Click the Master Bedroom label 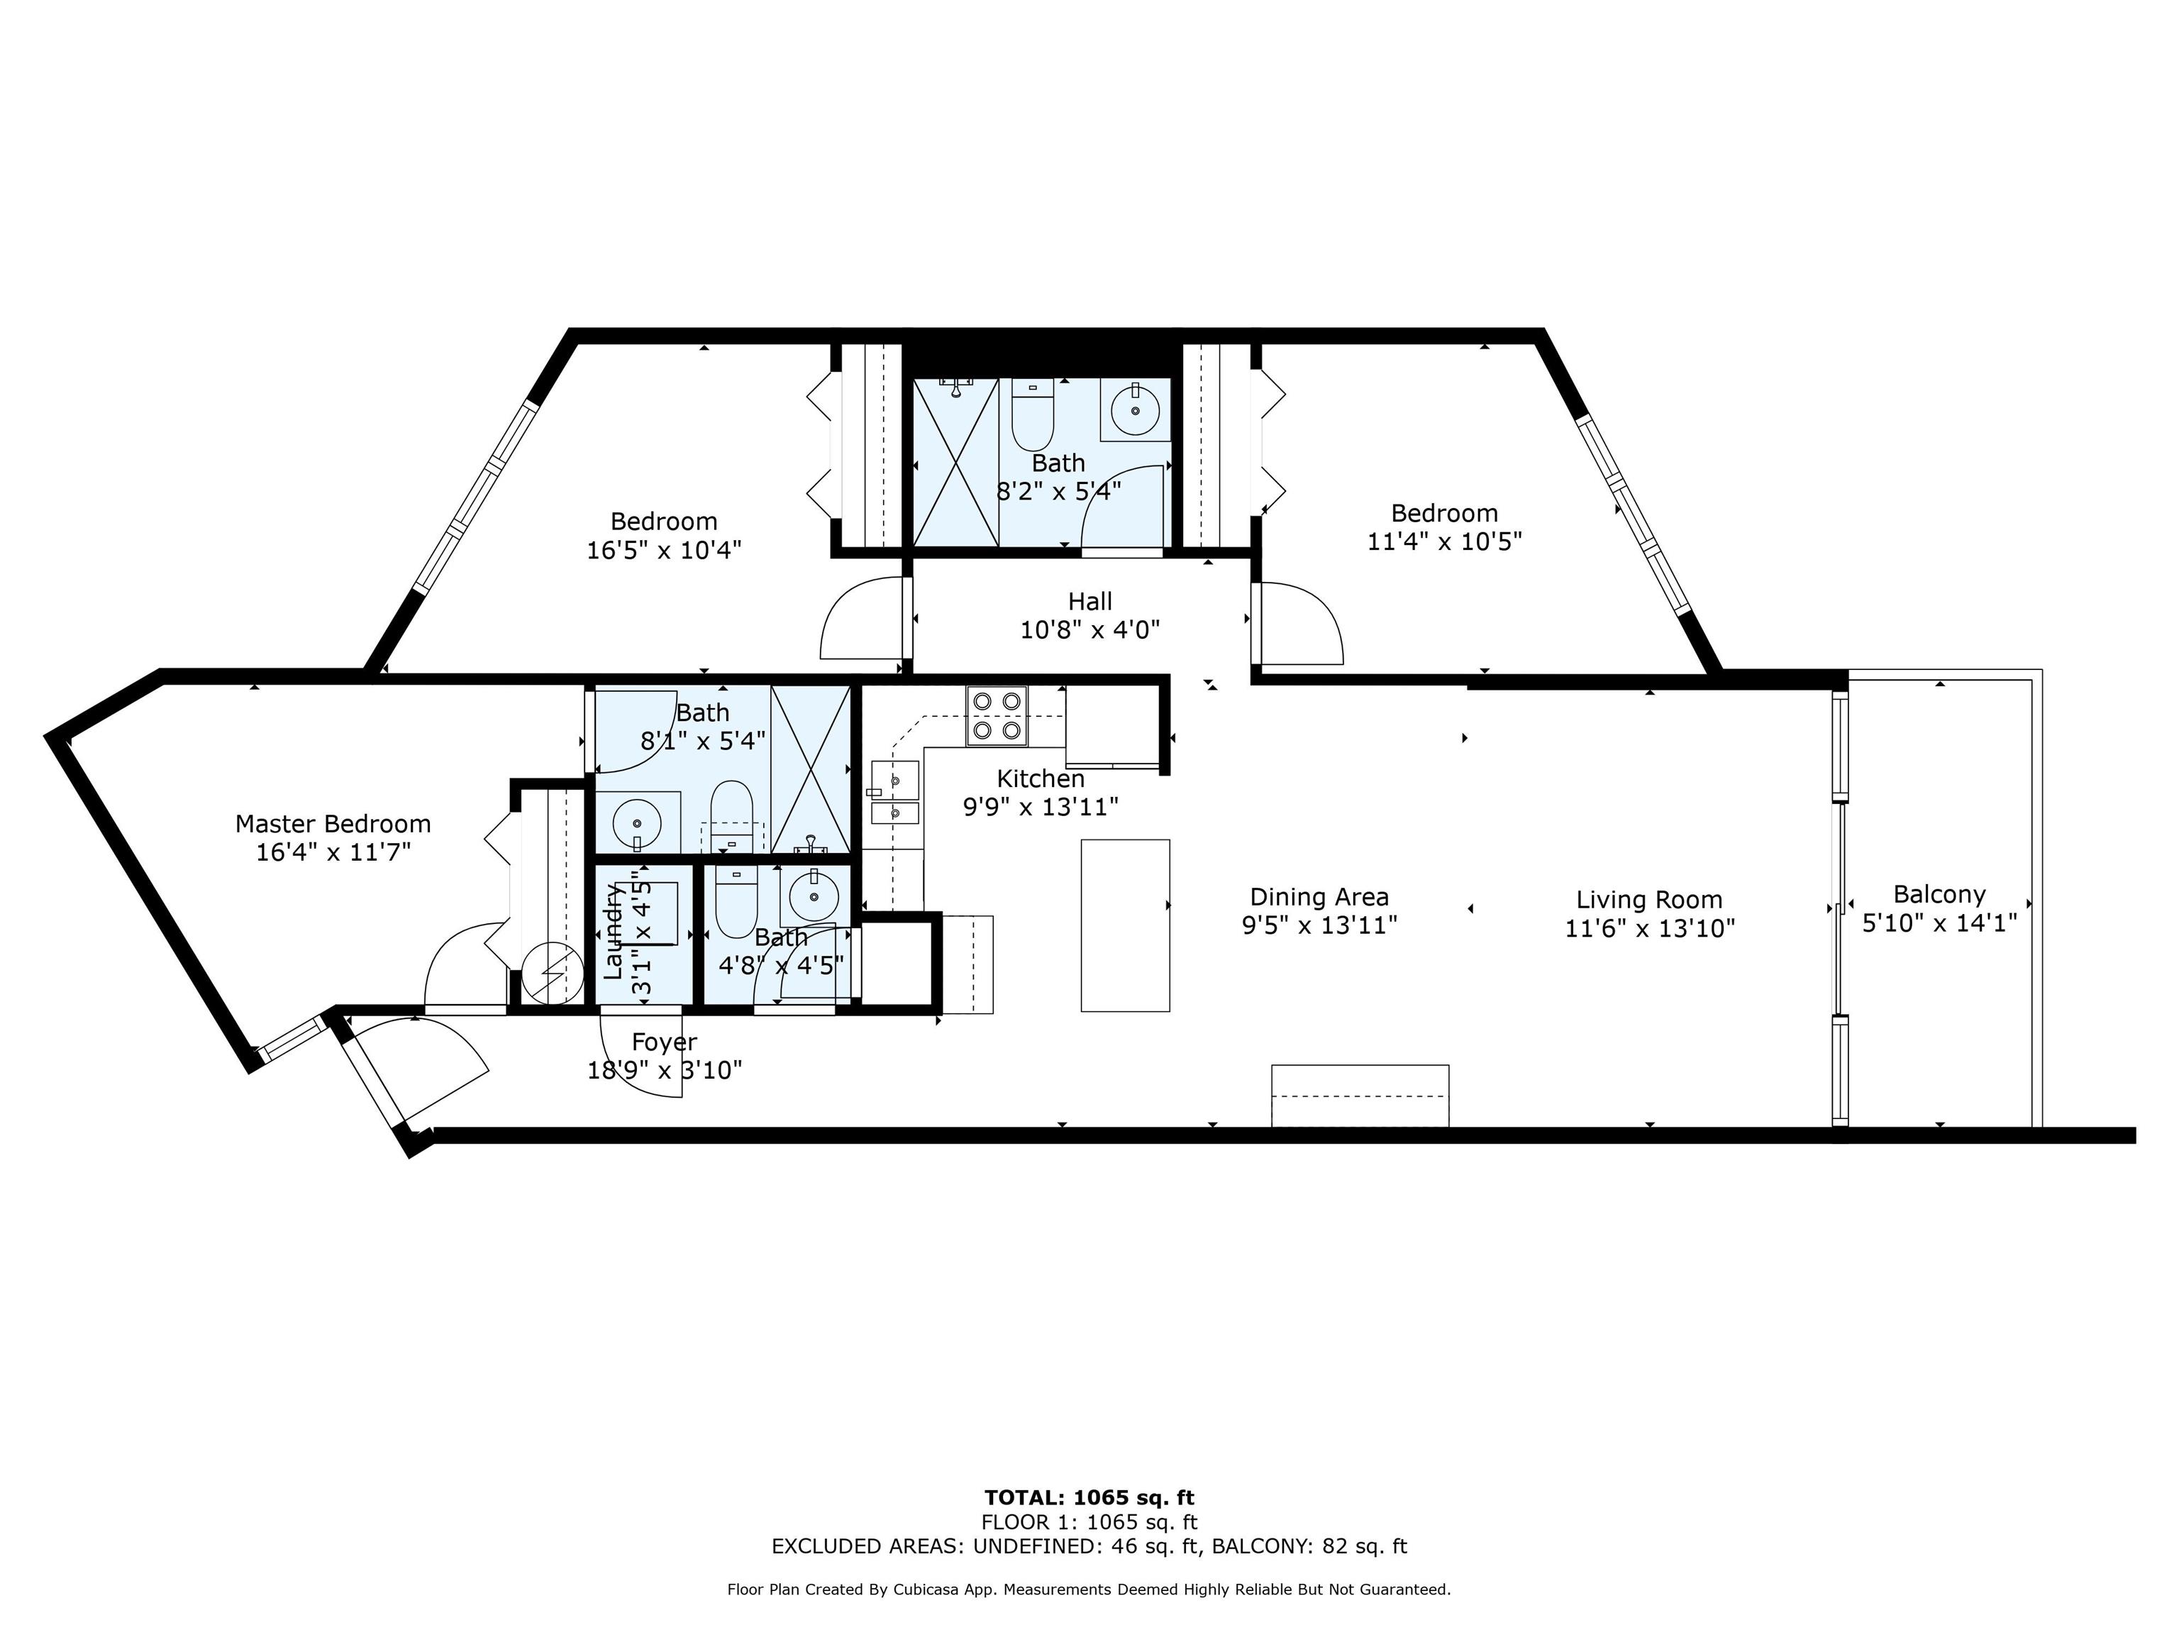click(x=333, y=823)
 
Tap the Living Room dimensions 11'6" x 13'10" click(x=1649, y=927)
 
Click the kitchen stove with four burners click(x=996, y=715)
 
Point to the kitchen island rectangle click(x=1125, y=925)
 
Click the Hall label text click(x=1090, y=601)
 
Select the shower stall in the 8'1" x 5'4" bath click(x=810, y=770)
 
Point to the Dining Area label click(x=1319, y=897)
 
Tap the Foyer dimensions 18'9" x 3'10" click(x=665, y=1069)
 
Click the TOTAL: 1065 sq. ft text click(x=1089, y=1499)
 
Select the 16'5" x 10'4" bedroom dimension click(x=664, y=549)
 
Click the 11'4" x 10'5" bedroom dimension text click(x=1445, y=541)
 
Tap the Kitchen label click(x=1041, y=778)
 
